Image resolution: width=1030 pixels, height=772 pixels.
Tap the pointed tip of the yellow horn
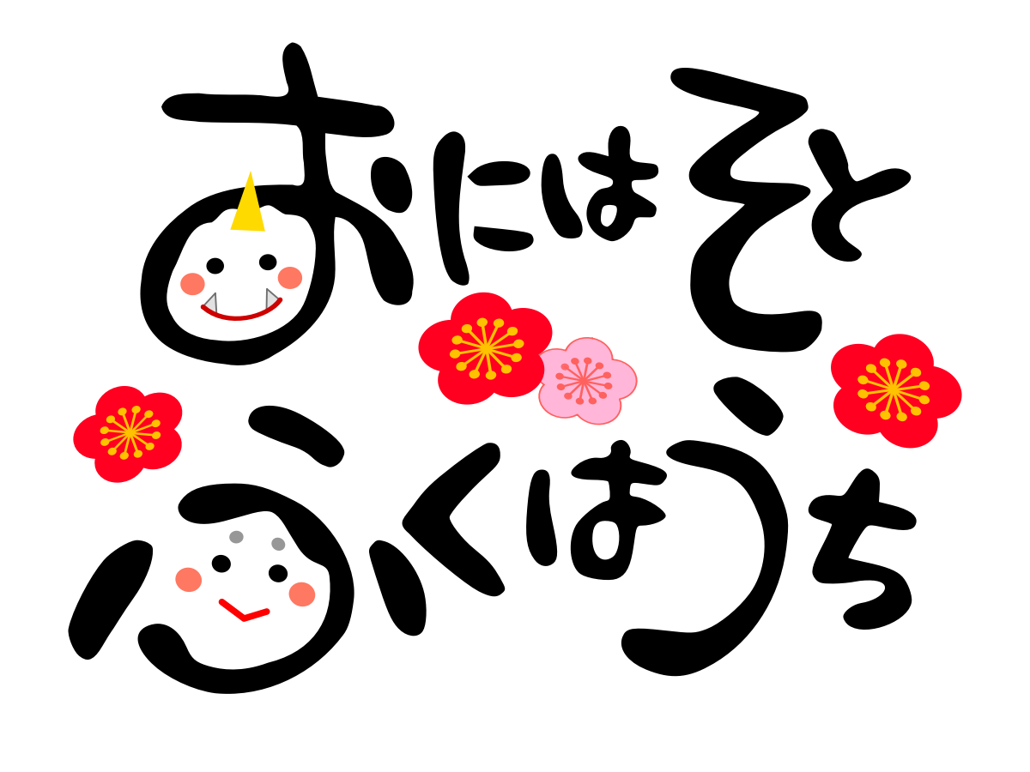tap(250, 172)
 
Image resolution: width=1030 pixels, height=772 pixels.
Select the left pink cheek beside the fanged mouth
tap(192, 284)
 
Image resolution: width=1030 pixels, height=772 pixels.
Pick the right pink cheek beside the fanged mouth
tap(290, 278)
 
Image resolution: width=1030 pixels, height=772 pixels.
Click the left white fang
tap(210, 303)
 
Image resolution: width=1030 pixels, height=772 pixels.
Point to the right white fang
tap(271, 298)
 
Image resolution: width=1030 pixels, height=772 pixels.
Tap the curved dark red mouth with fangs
tap(240, 317)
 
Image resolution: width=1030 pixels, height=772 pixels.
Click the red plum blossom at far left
tap(129, 433)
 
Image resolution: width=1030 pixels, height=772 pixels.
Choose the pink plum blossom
tap(587, 381)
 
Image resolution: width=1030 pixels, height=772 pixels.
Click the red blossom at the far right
tap(894, 390)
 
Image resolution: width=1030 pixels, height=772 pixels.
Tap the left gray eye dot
tap(236, 537)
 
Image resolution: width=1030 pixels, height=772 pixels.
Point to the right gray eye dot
tap(278, 544)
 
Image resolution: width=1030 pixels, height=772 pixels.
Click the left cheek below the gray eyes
tap(189, 580)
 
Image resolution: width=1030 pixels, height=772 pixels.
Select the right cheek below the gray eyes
tap(302, 594)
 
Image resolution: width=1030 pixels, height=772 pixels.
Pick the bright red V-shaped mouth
tap(244, 613)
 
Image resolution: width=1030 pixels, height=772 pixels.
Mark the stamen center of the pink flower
tap(583, 379)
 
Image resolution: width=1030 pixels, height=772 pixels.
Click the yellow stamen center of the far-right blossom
tap(893, 389)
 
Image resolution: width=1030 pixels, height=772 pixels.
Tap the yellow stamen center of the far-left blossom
tap(130, 432)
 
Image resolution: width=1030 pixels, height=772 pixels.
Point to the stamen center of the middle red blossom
tap(486, 348)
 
